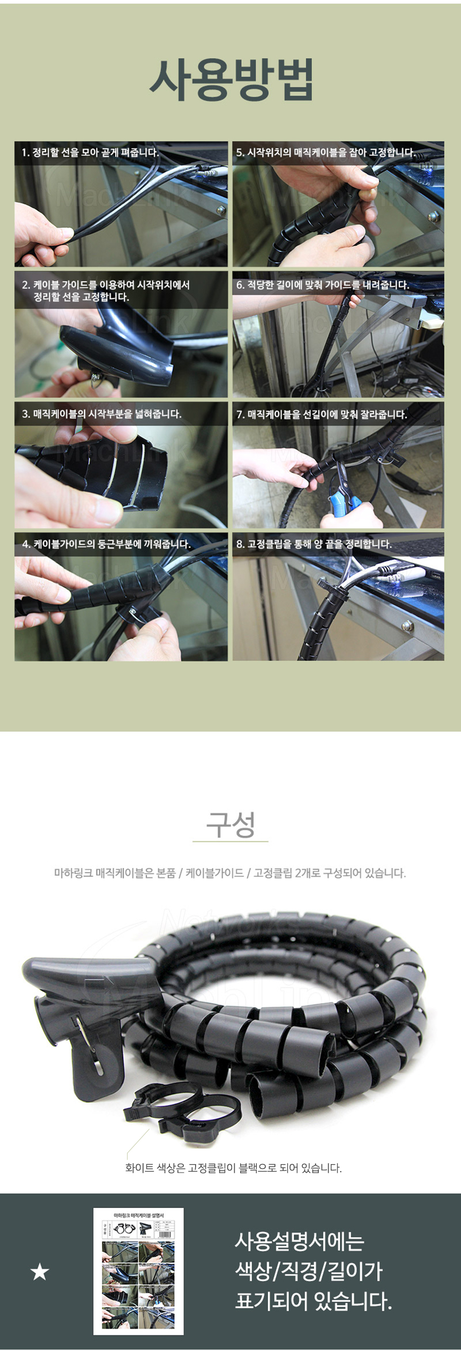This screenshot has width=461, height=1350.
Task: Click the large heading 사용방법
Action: tap(231, 80)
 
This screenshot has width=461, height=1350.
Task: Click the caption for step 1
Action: tap(90, 153)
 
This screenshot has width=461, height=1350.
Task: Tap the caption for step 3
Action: tap(102, 414)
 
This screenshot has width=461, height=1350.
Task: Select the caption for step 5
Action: tap(325, 153)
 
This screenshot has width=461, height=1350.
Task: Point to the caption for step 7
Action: tap(322, 415)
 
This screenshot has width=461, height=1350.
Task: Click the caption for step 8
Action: tap(314, 544)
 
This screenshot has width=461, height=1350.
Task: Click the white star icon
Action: tap(40, 1271)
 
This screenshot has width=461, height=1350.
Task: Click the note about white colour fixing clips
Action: tap(233, 1167)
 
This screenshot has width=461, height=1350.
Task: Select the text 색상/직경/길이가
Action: tap(309, 1271)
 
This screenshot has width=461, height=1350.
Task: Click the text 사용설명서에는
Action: tap(300, 1241)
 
